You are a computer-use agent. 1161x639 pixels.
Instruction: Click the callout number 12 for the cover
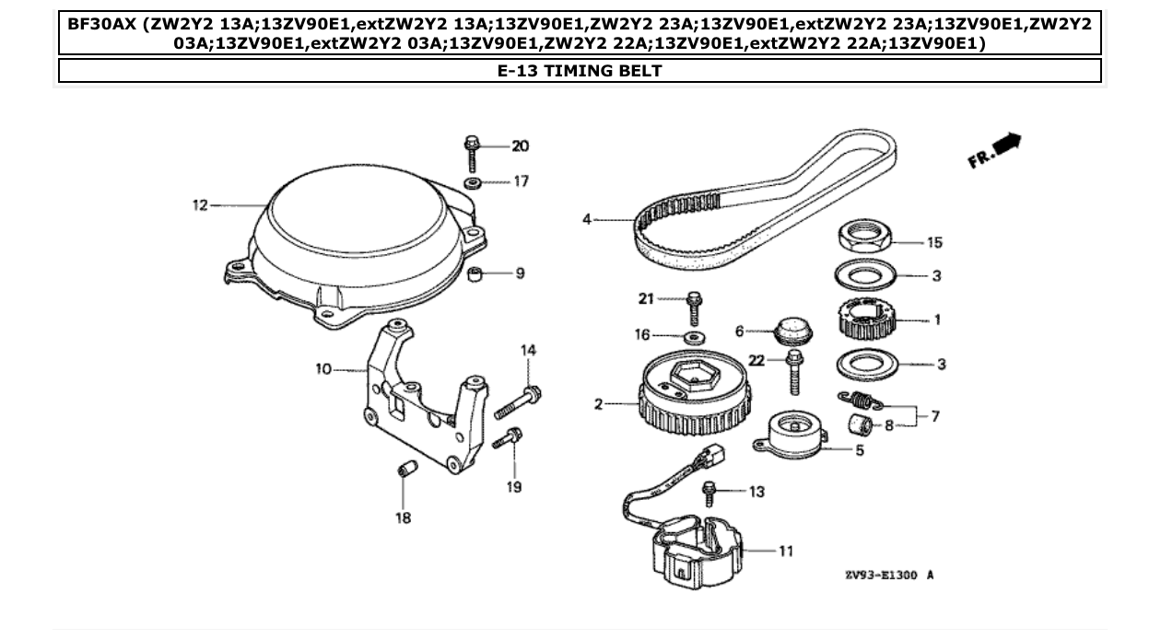click(200, 205)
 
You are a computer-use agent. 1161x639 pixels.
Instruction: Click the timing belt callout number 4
click(587, 219)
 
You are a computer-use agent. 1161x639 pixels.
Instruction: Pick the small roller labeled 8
click(861, 426)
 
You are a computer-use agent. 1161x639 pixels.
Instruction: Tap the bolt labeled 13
click(710, 493)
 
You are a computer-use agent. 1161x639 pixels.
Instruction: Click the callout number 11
click(785, 551)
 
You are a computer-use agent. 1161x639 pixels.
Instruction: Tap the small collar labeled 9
click(475, 274)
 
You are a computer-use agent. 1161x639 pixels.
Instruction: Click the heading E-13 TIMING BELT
click(580, 70)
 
